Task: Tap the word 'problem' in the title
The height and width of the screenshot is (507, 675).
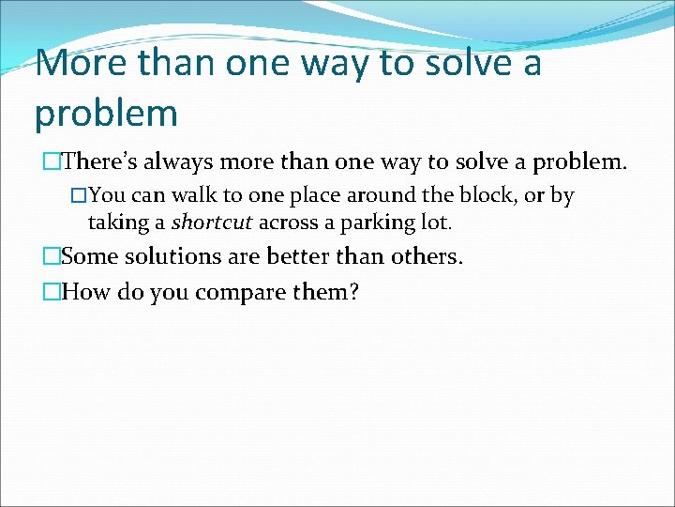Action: click(x=106, y=113)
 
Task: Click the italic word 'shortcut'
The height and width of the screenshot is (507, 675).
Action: click(x=212, y=223)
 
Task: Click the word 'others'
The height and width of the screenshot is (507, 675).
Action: click(x=427, y=256)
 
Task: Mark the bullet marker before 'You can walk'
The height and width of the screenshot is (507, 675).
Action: click(x=79, y=196)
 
